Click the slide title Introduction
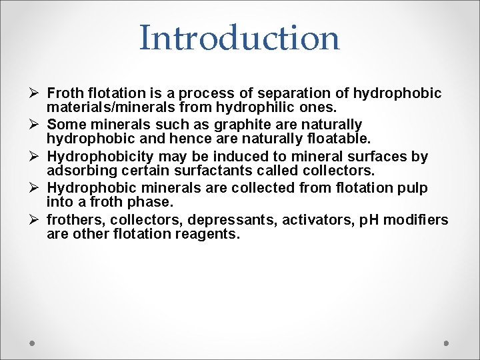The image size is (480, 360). click(x=239, y=38)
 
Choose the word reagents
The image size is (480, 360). click(x=206, y=234)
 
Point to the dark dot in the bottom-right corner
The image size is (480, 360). click(x=447, y=343)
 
